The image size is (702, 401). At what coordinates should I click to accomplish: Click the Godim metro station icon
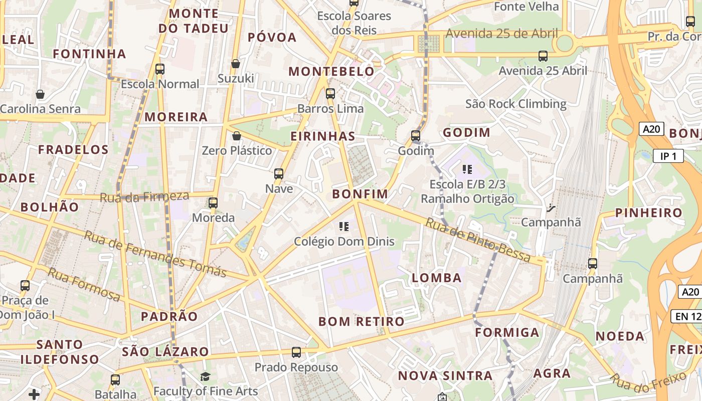click(415, 135)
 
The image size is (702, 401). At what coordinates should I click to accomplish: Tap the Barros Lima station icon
click(330, 93)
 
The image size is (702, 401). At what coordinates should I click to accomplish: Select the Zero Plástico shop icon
click(237, 136)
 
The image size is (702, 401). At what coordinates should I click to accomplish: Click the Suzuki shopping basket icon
click(235, 64)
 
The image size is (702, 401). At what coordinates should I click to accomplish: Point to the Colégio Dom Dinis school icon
click(344, 226)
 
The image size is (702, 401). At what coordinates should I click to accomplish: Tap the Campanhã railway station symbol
click(551, 207)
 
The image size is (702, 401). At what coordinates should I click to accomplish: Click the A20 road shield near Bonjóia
click(651, 129)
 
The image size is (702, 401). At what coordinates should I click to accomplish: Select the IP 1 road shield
click(668, 156)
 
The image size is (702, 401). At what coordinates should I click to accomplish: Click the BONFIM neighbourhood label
click(360, 194)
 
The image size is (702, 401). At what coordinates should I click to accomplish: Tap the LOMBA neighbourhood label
click(436, 278)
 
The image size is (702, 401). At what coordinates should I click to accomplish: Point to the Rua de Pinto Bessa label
click(478, 240)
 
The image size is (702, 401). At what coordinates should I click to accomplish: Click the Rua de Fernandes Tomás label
click(155, 254)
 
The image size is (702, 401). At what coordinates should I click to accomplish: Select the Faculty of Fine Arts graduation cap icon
click(205, 376)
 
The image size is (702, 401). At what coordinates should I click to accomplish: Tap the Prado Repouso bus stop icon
click(296, 352)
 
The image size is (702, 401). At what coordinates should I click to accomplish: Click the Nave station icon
click(279, 174)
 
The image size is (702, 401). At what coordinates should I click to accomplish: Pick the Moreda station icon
click(213, 203)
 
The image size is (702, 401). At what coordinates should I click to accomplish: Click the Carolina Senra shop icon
click(40, 94)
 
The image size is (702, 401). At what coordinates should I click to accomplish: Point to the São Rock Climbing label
click(515, 104)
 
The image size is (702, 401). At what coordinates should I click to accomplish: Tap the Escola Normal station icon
click(160, 69)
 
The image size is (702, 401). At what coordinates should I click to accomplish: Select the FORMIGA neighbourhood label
click(507, 332)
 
